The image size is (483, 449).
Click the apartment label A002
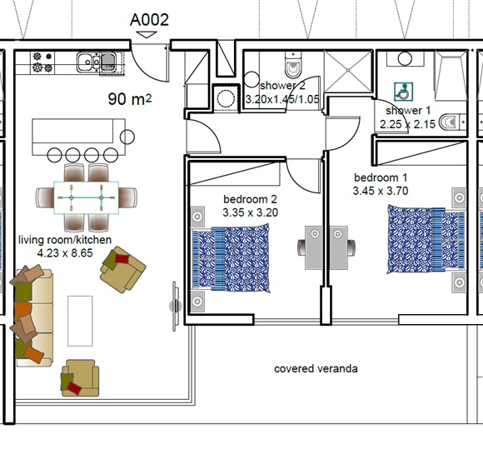pos(149,20)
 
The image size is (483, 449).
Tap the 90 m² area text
pos(130,99)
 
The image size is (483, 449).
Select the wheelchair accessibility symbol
pos(404,92)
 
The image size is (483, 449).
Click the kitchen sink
pos(97,62)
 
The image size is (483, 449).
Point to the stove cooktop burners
pos(42,62)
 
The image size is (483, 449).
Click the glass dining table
pos(87,197)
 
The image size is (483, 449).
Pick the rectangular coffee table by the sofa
pos(80,321)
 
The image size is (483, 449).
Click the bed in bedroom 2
pos(231,258)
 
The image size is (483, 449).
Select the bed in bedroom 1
pos(426,239)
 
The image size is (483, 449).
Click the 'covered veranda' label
pos(316,369)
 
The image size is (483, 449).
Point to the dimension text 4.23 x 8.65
pos(65,253)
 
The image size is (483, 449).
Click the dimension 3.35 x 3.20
pos(250,212)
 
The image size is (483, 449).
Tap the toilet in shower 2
pos(292,65)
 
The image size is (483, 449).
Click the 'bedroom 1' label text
pos(381,177)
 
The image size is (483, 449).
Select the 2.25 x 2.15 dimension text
pos(407,124)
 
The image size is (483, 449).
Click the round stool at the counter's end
pos(127,137)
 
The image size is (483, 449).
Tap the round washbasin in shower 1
pos(405,58)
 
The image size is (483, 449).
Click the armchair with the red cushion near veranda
pos(80,378)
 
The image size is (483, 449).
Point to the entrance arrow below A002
pos(147,34)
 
